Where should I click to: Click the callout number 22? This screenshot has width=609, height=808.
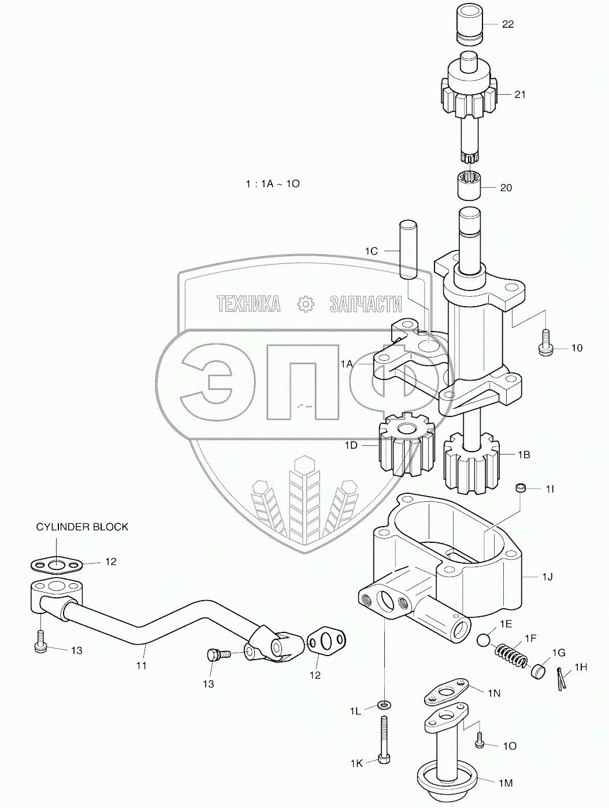508,24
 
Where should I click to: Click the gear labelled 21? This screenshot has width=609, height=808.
469,97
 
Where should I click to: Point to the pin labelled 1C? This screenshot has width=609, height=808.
407,250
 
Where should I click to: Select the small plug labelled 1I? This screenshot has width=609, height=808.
522,489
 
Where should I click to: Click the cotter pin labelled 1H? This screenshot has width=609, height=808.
561,677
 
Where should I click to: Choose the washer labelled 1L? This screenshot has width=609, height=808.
384,704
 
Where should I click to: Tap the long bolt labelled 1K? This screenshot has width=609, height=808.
384,739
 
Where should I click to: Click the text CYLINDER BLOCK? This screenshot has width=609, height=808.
82,527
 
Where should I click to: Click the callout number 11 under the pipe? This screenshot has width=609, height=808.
141,665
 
